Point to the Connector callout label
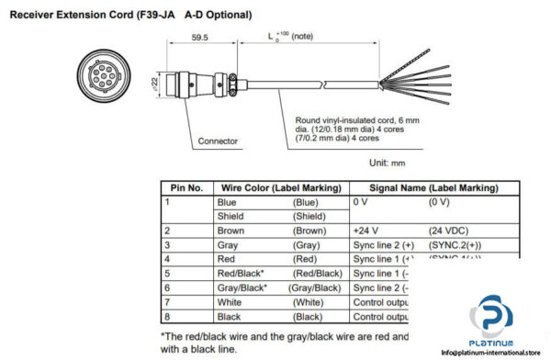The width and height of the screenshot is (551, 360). (x=218, y=141)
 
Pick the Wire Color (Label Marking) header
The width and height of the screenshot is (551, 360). (x=278, y=187)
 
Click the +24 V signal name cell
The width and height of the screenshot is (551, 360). (x=367, y=231)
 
